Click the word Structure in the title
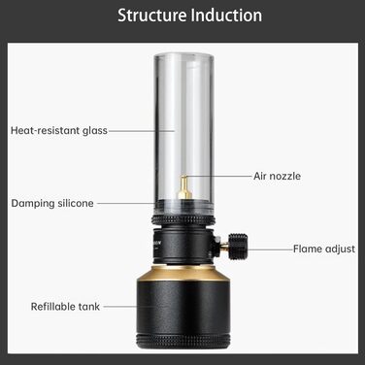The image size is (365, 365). (x=152, y=16)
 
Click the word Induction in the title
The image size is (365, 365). (x=226, y=16)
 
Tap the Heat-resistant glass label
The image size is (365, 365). (x=59, y=131)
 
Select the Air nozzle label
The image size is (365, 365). (x=277, y=177)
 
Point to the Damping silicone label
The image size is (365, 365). (x=52, y=204)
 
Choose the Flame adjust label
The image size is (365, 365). (x=324, y=249)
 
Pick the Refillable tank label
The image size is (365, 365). (x=65, y=307)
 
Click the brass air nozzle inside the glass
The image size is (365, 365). (x=183, y=187)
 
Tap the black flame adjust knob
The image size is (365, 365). (x=238, y=247)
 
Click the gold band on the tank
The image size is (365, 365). (x=183, y=273)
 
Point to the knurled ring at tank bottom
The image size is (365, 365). (x=183, y=342)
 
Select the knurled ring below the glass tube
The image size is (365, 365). (x=183, y=220)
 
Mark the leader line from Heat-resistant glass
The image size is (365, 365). (x=142, y=131)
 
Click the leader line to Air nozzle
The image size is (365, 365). (x=217, y=177)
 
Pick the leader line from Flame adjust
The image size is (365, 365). (x=270, y=249)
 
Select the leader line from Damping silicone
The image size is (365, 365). (x=126, y=204)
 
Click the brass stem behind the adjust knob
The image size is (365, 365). (x=225, y=248)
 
